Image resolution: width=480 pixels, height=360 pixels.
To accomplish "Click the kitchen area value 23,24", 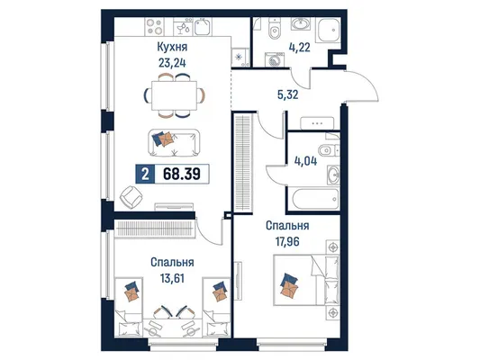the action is (172, 63).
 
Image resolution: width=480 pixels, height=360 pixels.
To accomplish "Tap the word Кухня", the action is (172, 47).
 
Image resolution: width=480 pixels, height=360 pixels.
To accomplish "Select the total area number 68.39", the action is (182, 174).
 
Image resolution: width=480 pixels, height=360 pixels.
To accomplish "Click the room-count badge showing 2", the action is (145, 174).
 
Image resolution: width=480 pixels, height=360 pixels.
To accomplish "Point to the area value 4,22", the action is (299, 48).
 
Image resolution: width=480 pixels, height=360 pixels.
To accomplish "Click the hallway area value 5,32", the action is (287, 94).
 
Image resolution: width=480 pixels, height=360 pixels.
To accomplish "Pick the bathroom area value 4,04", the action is (305, 161).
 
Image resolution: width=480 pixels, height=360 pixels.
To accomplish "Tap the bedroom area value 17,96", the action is (287, 241).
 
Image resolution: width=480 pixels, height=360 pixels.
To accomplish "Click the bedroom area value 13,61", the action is (172, 278).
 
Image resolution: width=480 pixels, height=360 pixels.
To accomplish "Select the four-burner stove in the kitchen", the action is (154, 26).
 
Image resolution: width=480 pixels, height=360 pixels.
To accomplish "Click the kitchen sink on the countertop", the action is (203, 26).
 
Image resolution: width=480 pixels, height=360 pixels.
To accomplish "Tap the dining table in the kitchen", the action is (174, 95).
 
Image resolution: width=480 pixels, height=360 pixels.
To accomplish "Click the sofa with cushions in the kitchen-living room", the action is (174, 143).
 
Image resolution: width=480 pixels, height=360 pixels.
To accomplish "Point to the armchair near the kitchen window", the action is (131, 197).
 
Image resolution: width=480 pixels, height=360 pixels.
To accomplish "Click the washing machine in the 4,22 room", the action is (274, 59).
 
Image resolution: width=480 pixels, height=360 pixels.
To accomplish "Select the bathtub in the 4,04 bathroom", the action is (315, 199).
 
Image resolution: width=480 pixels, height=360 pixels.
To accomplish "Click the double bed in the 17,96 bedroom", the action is (306, 280).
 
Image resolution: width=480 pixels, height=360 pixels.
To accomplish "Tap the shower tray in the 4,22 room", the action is (329, 30).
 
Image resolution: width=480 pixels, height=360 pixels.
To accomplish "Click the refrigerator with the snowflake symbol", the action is (240, 57).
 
